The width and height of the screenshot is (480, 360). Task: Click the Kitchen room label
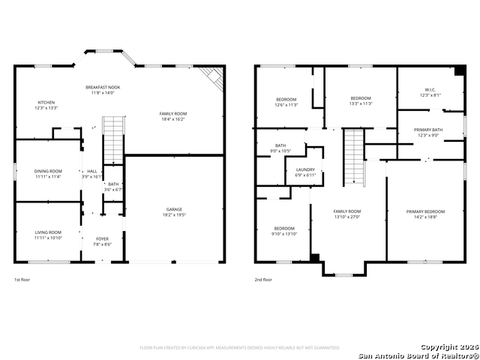47,103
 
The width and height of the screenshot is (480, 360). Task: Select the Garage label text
174,209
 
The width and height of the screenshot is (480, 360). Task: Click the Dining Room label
47,172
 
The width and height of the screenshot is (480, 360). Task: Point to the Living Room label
47,232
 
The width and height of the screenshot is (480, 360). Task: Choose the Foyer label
102,239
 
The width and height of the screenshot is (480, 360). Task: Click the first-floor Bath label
112,184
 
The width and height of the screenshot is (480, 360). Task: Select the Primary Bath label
427,130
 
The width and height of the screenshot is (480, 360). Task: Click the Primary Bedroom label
424,212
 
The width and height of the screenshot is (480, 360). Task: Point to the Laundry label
305,170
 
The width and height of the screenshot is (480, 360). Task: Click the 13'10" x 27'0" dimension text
347,217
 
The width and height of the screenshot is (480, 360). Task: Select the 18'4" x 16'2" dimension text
172,118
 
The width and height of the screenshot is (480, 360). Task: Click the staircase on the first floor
112,138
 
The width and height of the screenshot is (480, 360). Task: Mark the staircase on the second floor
353,157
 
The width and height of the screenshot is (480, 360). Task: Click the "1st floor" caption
22,280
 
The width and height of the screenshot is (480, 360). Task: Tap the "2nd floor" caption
262,280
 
